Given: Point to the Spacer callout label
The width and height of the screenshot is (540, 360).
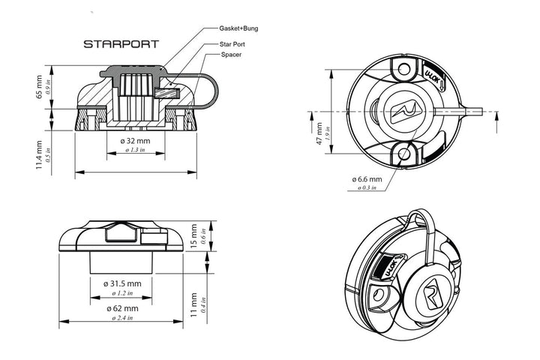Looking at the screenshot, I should (232, 55).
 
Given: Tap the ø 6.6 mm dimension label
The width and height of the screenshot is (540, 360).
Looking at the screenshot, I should (367, 179).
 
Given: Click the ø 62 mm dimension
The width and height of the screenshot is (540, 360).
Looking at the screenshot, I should (121, 307).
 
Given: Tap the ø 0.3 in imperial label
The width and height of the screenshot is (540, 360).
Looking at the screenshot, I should (367, 188).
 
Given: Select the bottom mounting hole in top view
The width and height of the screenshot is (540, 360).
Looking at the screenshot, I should (405, 154).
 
